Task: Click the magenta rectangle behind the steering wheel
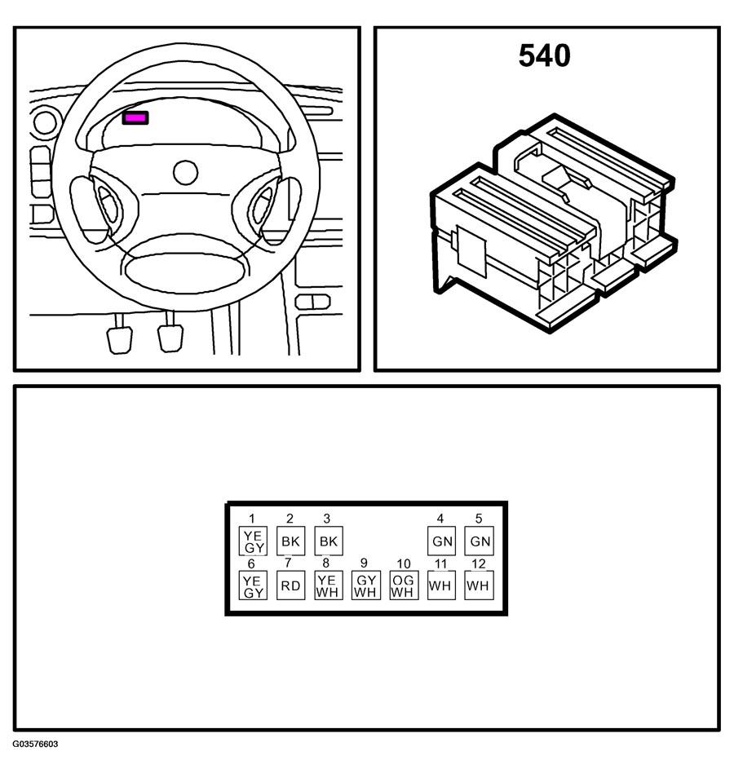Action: click(135, 118)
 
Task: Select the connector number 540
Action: click(544, 56)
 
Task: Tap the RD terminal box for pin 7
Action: click(290, 585)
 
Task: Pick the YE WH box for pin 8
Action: click(328, 585)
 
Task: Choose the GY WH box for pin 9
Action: click(365, 585)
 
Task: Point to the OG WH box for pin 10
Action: click(403, 585)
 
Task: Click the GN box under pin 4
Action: click(441, 541)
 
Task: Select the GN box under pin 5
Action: click(479, 541)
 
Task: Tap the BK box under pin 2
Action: click(290, 541)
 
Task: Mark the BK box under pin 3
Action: click(328, 541)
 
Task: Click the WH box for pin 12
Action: click(479, 585)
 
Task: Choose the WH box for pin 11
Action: click(441, 585)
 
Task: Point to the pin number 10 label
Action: click(403, 563)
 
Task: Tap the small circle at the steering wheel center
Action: click(186, 172)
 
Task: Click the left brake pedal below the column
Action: click(120, 337)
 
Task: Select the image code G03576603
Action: click(35, 744)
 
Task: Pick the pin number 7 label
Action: click(288, 563)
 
